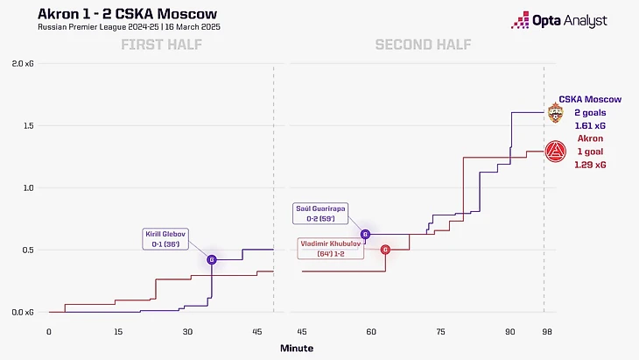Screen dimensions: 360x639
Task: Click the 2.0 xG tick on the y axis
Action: point(23,64)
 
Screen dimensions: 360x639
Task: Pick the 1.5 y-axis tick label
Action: point(26,126)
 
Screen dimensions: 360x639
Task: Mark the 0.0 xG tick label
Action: point(23,312)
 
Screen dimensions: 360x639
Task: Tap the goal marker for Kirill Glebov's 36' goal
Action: point(212,259)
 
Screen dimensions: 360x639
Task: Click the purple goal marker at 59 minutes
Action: point(366,235)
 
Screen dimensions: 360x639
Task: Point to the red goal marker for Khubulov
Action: point(385,250)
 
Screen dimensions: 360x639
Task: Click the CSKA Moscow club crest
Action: point(555,114)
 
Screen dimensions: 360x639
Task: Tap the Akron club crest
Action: point(555,152)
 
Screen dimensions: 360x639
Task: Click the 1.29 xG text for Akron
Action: point(588,164)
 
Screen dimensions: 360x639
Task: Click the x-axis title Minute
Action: point(296,349)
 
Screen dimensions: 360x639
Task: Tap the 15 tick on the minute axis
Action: point(118,333)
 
